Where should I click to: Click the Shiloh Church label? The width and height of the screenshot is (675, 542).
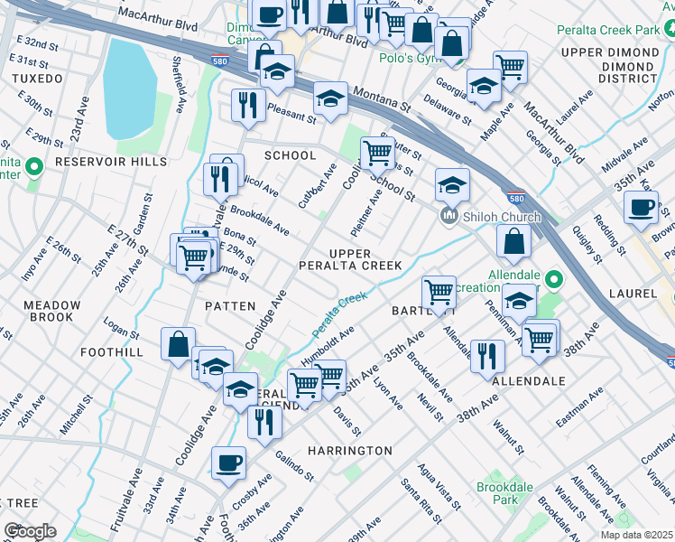[x=503, y=217]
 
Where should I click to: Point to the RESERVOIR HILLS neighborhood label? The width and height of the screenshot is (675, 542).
[x=111, y=162]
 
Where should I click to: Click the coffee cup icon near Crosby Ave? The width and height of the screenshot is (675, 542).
[x=228, y=463]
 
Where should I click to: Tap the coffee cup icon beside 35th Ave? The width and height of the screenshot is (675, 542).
[x=641, y=207]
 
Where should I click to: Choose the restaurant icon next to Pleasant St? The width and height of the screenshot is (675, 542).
[x=246, y=105]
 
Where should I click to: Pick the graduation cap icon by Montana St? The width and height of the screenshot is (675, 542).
[x=331, y=98]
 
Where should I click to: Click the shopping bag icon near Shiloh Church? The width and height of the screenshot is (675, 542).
[x=513, y=241]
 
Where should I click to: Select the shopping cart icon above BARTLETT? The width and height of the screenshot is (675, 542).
[x=439, y=291]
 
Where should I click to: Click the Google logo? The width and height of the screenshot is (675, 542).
[x=30, y=531]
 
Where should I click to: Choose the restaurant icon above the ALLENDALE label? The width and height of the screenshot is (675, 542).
[x=486, y=354]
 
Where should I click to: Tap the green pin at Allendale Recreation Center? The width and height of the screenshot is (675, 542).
[x=555, y=279]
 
